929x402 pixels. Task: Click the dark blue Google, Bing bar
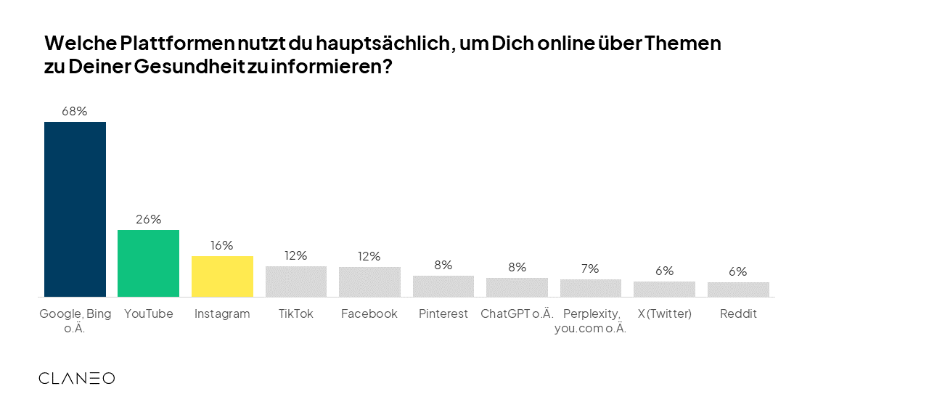point(75,209)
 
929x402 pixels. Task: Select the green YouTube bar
point(148,263)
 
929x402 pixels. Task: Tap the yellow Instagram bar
point(222,276)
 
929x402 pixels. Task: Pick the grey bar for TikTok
point(296,282)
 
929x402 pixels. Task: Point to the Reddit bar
point(738,290)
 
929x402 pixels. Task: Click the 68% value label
point(75,111)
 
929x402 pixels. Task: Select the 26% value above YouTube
point(148,219)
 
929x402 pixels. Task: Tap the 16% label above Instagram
point(222,245)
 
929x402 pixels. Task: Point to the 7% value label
point(590,268)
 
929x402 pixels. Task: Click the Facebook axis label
point(369,313)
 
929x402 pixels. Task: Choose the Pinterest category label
point(443,313)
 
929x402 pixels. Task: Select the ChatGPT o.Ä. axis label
point(517,313)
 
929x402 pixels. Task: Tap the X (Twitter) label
point(664,313)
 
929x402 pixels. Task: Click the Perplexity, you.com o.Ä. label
point(590,320)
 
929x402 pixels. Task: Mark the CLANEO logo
point(76,378)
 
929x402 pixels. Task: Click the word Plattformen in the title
point(169,44)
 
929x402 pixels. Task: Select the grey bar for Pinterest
point(443,286)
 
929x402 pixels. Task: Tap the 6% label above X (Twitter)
point(664,271)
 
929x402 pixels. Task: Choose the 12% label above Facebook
point(369,256)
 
